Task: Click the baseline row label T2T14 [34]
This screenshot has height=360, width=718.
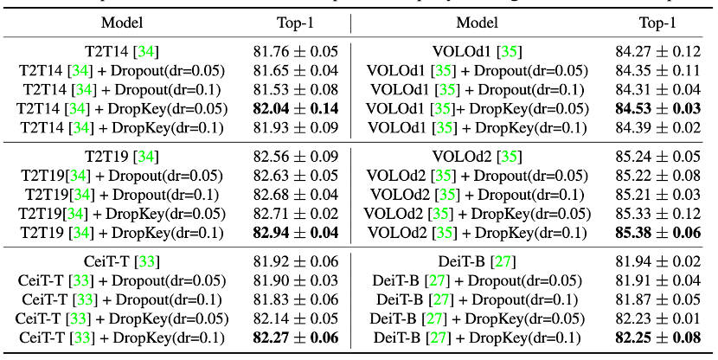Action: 121,51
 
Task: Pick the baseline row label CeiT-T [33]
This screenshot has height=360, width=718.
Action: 121,260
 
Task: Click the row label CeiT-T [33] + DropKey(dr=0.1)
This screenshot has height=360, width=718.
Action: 121,337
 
